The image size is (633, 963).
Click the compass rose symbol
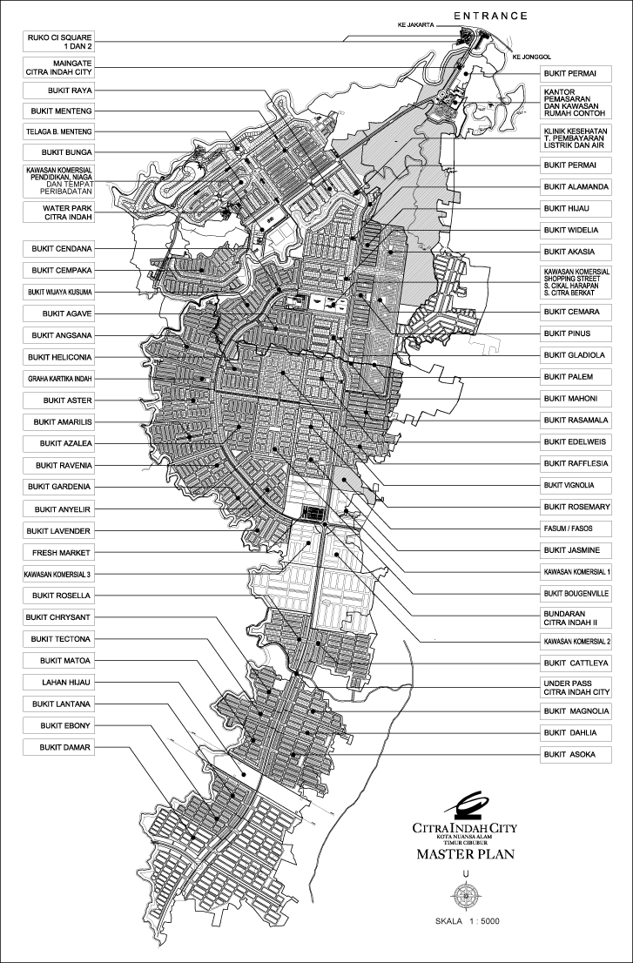tap(467, 894)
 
